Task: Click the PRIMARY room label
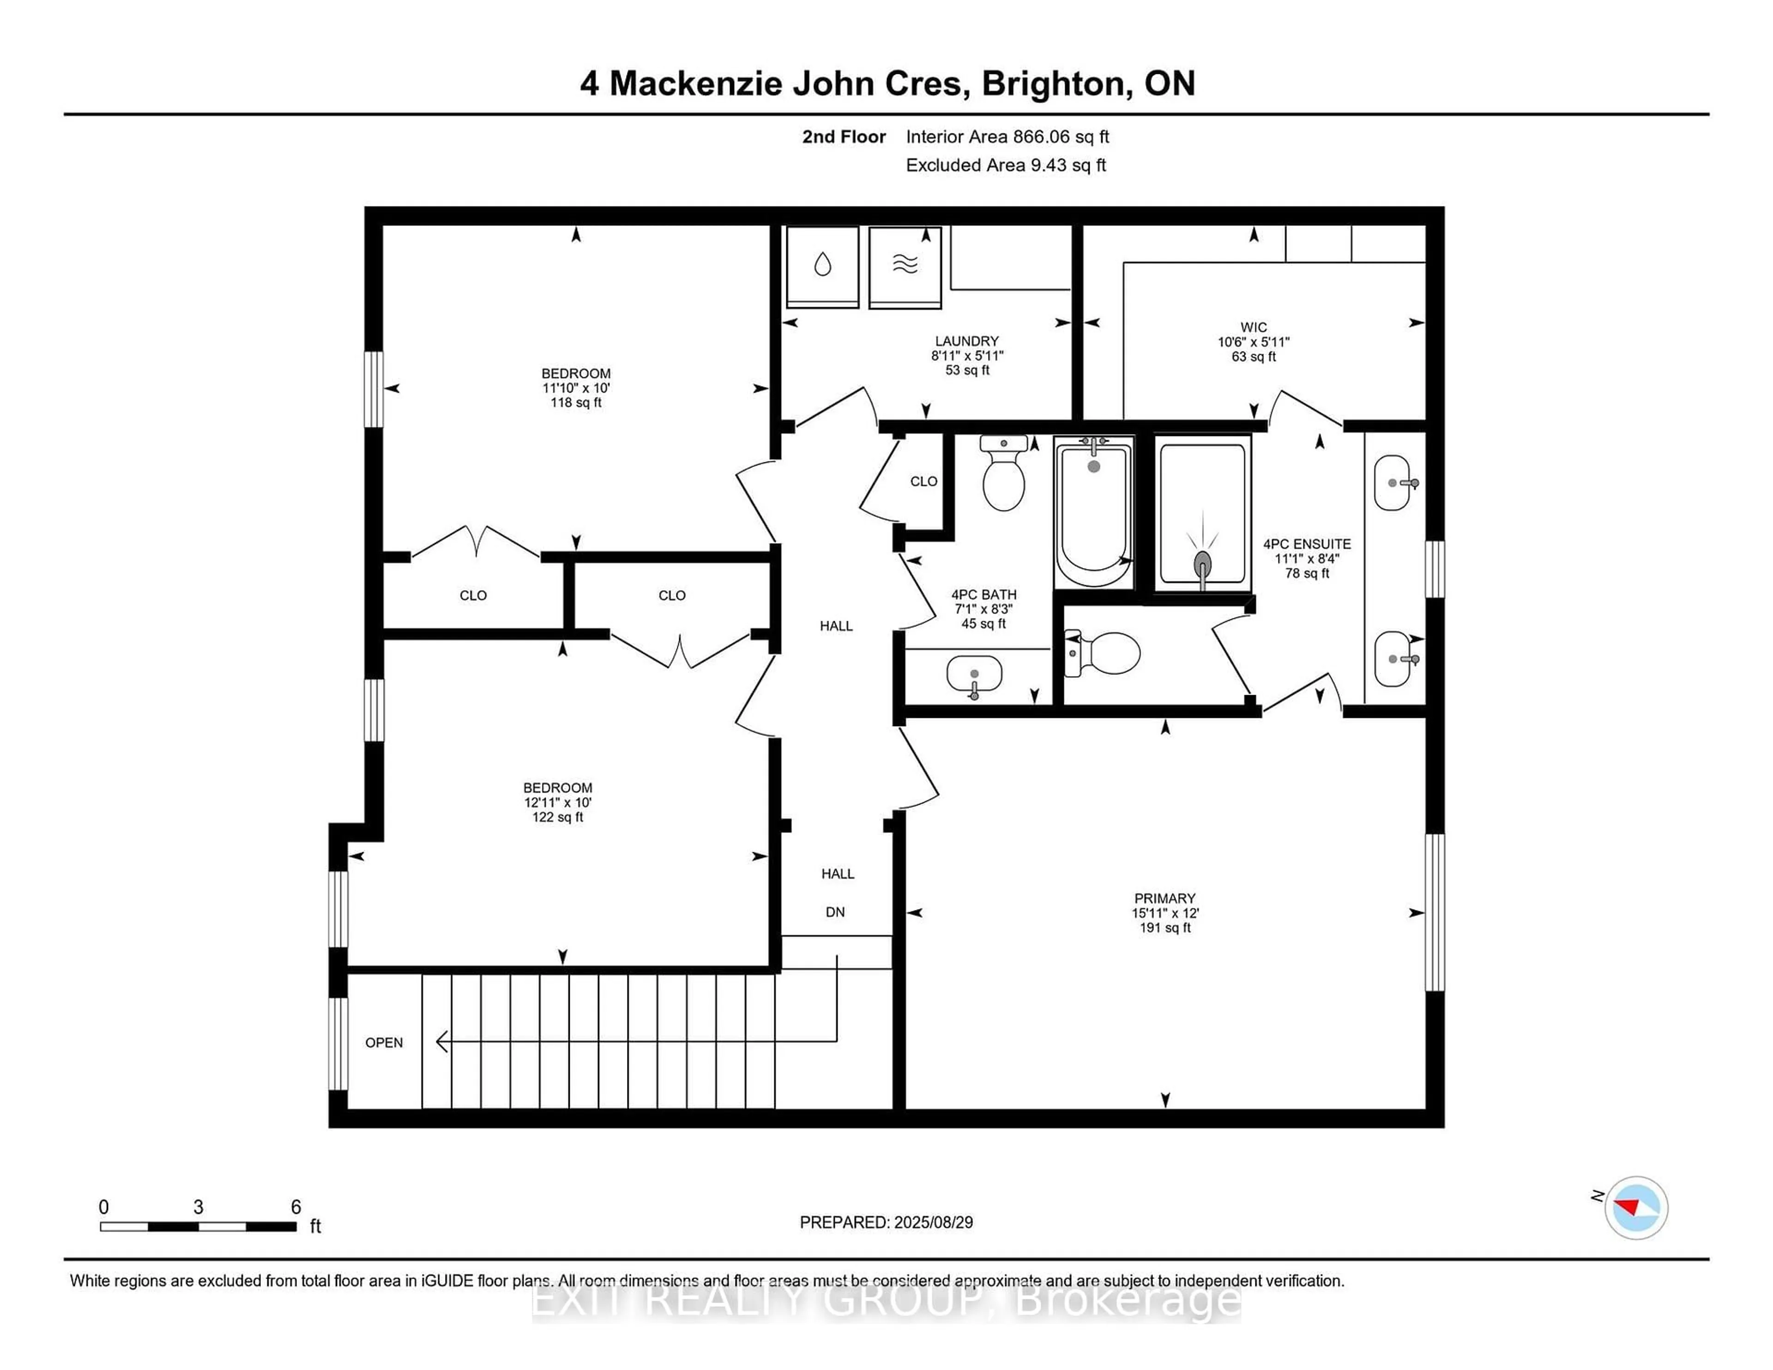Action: coord(1165,898)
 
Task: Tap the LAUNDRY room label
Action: coord(967,341)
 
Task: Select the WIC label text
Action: coord(1254,327)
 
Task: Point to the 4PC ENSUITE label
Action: coord(1307,544)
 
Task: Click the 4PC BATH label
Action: coord(984,594)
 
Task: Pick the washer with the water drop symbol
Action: coord(822,267)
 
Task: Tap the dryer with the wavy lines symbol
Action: coord(905,267)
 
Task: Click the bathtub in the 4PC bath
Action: coord(1093,512)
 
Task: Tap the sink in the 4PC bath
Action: coord(974,674)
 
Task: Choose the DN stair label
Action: coord(835,912)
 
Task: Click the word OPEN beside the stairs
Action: coord(384,1043)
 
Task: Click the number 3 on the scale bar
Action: coord(198,1207)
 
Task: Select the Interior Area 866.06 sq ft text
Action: coord(1007,136)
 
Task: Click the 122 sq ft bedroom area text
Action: coord(558,817)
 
